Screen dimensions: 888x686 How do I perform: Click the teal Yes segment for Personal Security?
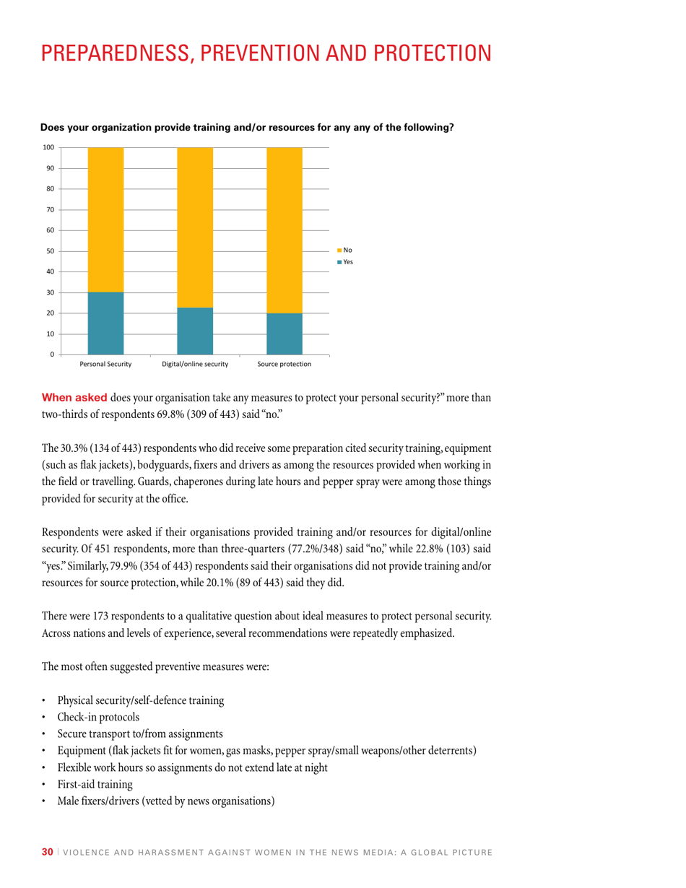pos(105,323)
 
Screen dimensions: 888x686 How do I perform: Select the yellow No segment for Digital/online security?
pos(195,227)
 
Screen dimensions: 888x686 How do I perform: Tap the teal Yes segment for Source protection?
pos(285,334)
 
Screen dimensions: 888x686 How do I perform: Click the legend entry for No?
pos(344,251)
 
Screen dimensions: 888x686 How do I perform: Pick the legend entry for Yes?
pos(344,262)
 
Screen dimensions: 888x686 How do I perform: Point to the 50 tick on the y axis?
pos(50,251)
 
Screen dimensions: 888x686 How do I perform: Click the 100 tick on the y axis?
pos(48,147)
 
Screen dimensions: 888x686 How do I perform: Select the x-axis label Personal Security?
pos(105,365)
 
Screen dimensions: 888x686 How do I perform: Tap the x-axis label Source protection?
pos(285,365)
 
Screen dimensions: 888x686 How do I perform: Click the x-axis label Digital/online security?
pos(195,365)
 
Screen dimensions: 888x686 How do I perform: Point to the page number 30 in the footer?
pos(47,853)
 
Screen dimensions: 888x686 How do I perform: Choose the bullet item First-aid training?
pos(95,783)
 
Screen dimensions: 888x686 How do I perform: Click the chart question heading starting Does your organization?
pos(247,128)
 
